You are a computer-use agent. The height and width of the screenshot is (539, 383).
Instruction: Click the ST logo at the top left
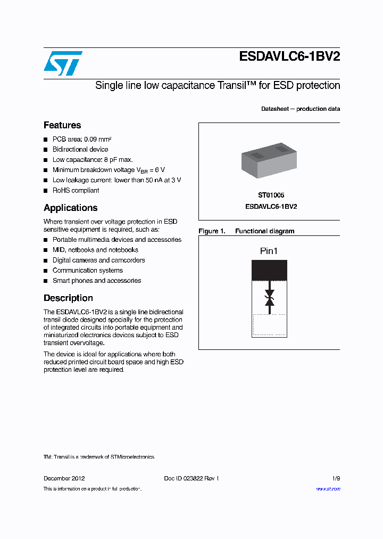pyautogui.click(x=63, y=63)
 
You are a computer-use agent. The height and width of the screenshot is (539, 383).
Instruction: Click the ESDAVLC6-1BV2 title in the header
pyautogui.click(x=289, y=58)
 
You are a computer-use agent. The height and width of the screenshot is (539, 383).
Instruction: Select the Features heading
pyautogui.click(x=62, y=125)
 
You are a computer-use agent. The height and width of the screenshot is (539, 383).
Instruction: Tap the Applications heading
pyautogui.click(x=71, y=208)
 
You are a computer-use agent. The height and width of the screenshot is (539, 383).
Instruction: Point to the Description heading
pyautogui.click(x=68, y=298)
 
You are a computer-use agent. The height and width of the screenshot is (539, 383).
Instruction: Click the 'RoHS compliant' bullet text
pyautogui.click(x=76, y=190)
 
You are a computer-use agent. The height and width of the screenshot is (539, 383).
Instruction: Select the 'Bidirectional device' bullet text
pyautogui.click(x=80, y=150)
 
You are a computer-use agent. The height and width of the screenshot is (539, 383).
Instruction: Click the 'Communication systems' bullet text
pyautogui.click(x=87, y=271)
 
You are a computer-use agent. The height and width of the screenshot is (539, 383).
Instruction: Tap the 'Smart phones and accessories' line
pyautogui.click(x=97, y=281)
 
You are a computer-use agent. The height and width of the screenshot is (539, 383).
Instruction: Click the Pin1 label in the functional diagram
pyautogui.click(x=269, y=251)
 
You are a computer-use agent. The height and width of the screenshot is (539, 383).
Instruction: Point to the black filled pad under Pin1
pyautogui.click(x=269, y=270)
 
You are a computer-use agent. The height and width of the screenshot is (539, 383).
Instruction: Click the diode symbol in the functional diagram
pyautogui.click(x=269, y=298)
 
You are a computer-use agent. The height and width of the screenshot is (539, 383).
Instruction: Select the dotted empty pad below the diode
pyautogui.click(x=269, y=325)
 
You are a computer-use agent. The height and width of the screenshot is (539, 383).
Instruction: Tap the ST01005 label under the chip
pyautogui.click(x=271, y=195)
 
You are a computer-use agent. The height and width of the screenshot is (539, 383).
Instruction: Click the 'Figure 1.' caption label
pyautogui.click(x=212, y=231)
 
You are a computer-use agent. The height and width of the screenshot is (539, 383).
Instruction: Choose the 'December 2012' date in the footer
pyautogui.click(x=64, y=478)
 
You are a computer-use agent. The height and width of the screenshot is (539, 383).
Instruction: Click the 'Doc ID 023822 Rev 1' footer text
pyautogui.click(x=191, y=478)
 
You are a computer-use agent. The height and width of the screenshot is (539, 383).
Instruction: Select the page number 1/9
pyautogui.click(x=335, y=478)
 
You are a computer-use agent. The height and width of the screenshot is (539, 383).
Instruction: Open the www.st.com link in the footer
pyautogui.click(x=328, y=489)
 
